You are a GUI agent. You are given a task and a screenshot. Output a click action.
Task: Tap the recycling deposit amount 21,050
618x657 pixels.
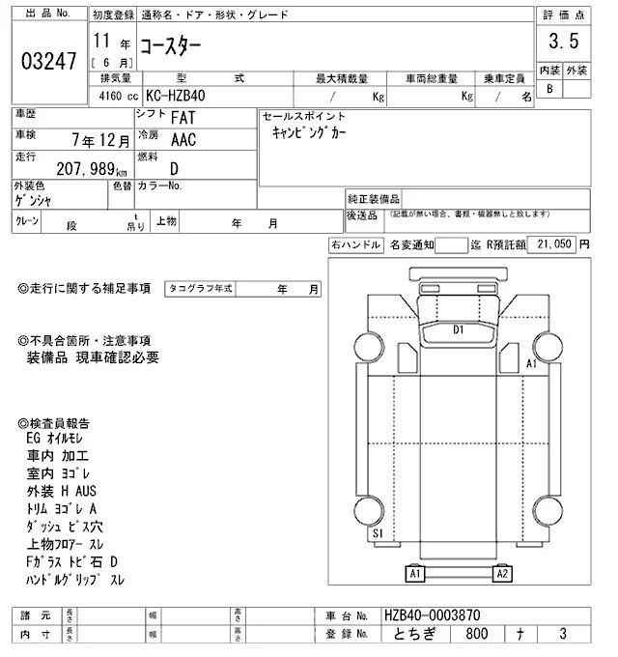click(x=553, y=245)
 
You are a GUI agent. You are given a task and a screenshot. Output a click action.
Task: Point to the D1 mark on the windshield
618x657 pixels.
click(x=460, y=329)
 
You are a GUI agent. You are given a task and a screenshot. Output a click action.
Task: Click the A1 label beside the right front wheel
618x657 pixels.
click(x=531, y=364)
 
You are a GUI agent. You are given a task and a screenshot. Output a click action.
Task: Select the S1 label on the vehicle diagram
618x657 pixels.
click(x=378, y=532)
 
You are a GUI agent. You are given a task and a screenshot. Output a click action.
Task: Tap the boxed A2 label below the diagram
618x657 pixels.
click(x=501, y=574)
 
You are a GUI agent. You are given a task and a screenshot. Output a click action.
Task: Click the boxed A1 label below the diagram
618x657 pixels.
click(x=417, y=574)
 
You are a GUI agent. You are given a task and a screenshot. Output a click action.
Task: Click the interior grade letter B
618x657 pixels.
click(x=549, y=89)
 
